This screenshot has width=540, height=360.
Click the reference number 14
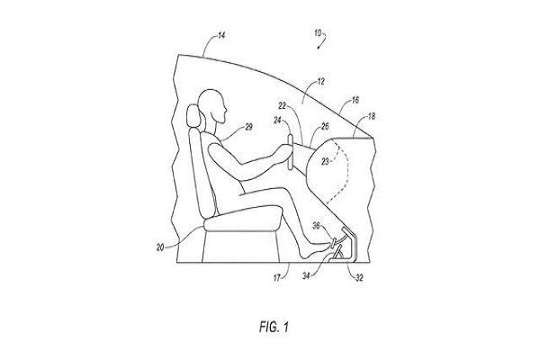click(221, 35)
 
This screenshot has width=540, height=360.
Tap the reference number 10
click(318, 33)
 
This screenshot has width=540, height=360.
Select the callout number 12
click(320, 82)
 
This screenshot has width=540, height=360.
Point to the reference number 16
click(355, 100)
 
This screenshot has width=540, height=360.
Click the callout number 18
click(371, 116)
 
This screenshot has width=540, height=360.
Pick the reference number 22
click(282, 106)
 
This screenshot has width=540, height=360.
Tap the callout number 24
click(277, 121)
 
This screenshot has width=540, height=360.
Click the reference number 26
click(325, 127)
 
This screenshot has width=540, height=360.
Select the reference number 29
click(248, 127)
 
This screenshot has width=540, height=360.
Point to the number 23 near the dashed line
click(326, 162)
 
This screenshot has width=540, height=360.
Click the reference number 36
click(316, 226)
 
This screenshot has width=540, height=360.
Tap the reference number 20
click(160, 247)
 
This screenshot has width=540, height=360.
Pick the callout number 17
click(277, 277)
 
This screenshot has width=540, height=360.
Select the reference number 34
click(306, 275)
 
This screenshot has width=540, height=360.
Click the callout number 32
click(359, 278)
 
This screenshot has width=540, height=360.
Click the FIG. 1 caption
click(274, 327)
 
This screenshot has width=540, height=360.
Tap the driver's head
click(212, 106)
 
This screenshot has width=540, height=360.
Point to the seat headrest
click(193, 115)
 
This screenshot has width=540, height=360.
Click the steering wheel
click(291, 152)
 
